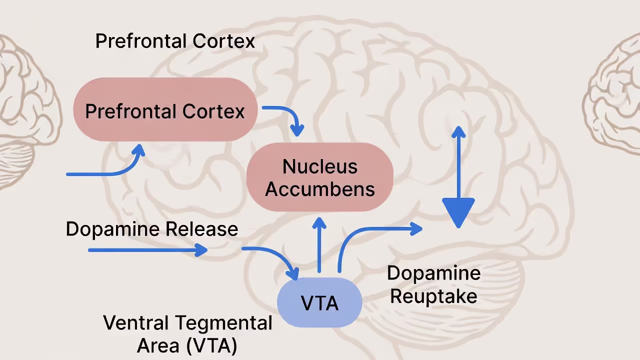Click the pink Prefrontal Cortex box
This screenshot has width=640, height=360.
[x=165, y=110]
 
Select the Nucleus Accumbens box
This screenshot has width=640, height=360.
[x=320, y=177]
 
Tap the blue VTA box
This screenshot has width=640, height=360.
[x=319, y=303]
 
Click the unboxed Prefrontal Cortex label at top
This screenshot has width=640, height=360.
[x=175, y=41]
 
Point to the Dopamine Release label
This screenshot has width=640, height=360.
[x=151, y=229]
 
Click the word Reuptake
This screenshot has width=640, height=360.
[x=433, y=296]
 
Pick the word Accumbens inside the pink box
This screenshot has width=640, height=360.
[x=320, y=189]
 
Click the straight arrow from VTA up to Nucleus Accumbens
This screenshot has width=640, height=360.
[x=319, y=245]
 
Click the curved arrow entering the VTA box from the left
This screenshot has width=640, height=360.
[x=275, y=257]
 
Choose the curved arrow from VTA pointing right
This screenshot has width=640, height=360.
[x=370, y=235]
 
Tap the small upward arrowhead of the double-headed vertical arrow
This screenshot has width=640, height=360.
[x=458, y=132]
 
